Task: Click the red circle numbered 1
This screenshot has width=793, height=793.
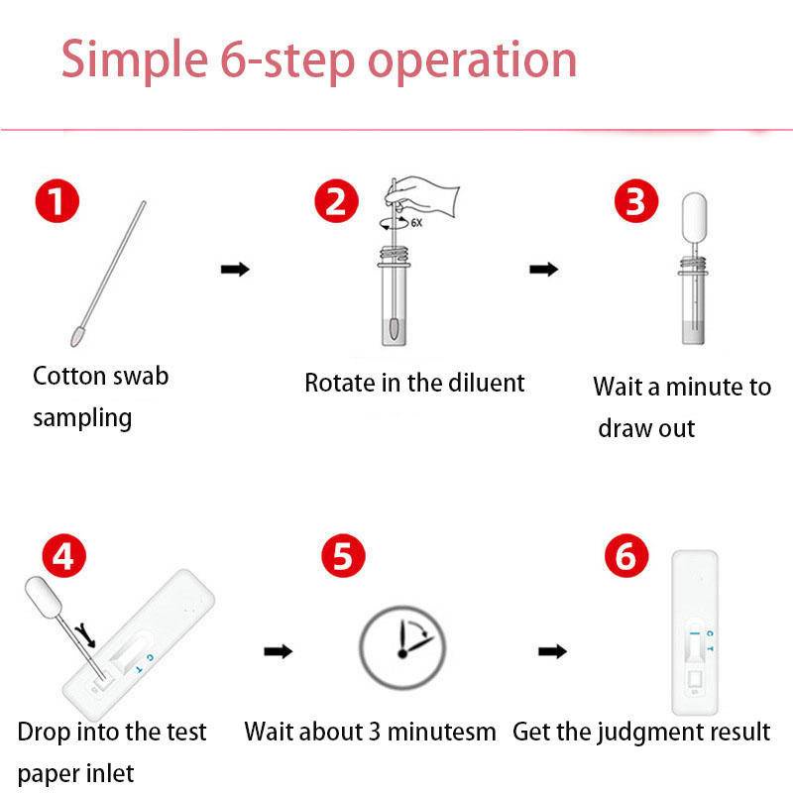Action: [x=57, y=201]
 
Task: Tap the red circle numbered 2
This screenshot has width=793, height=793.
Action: [x=336, y=201]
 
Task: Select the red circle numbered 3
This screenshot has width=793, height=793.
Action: [x=636, y=201]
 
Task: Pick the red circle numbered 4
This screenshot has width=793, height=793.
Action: [x=64, y=556]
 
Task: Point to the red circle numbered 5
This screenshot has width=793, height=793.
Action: [x=343, y=556]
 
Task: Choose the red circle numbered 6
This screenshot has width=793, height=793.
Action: [x=626, y=556]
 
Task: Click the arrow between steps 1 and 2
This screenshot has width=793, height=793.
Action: [x=235, y=269]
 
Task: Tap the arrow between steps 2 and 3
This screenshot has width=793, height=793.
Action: [x=543, y=269]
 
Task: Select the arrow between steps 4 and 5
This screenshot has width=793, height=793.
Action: [x=279, y=651]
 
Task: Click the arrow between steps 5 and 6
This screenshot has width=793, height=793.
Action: [x=552, y=651]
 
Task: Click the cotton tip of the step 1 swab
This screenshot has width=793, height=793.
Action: [x=77, y=337]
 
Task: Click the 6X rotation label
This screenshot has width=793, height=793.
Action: [x=416, y=222]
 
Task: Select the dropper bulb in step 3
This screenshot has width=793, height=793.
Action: [x=694, y=217]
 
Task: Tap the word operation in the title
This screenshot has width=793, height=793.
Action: [x=473, y=60]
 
